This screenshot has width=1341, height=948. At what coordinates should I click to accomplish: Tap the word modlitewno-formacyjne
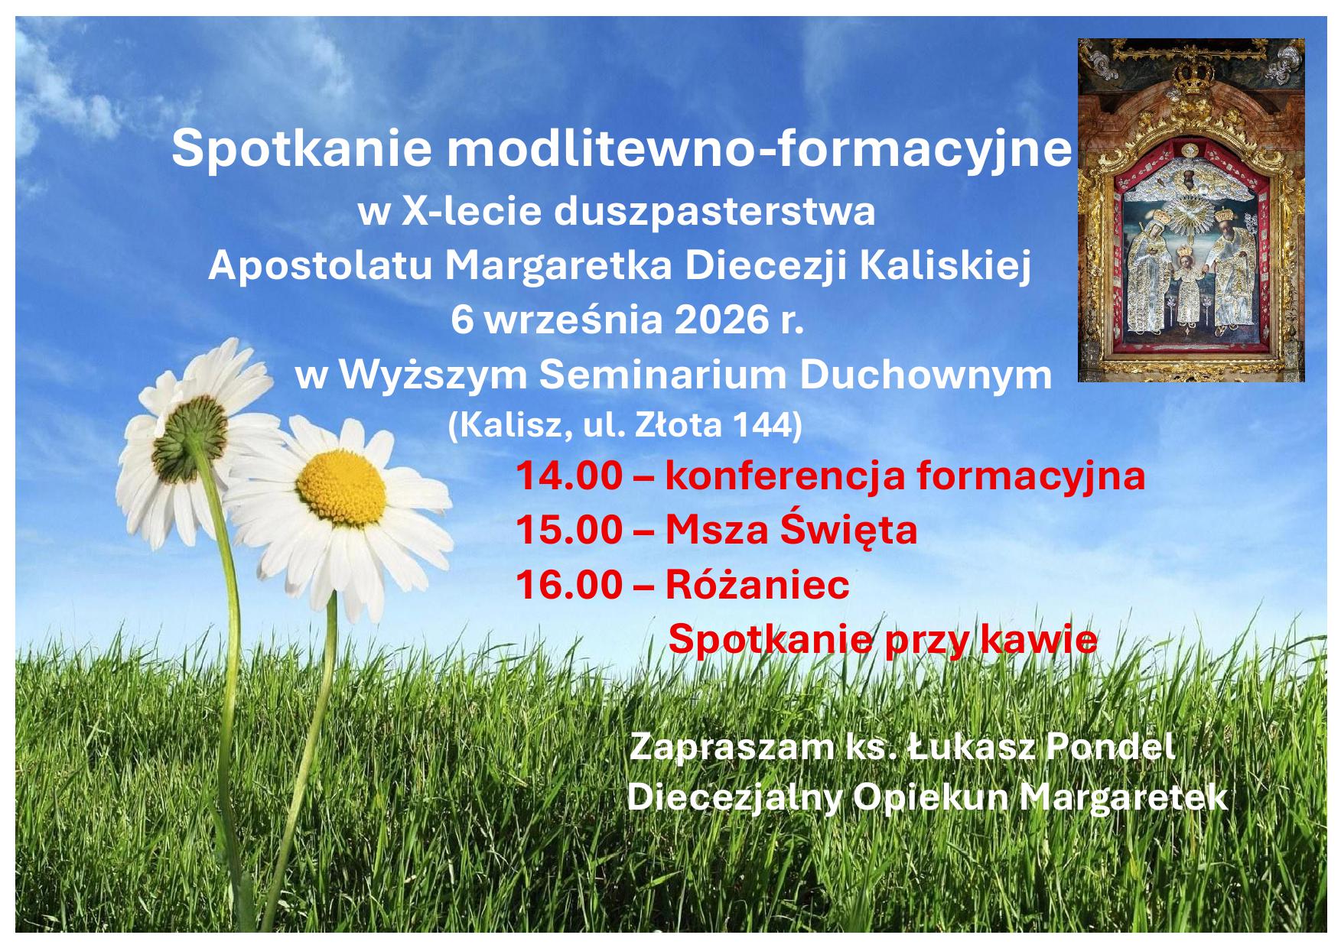(x=760, y=149)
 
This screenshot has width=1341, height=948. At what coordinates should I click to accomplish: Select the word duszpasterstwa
(x=715, y=212)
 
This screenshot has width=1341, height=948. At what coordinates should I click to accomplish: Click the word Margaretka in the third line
(x=558, y=266)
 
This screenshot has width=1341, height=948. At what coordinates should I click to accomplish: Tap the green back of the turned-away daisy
(x=190, y=433)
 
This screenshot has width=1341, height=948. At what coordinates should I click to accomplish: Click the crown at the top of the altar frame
(x=1190, y=76)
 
